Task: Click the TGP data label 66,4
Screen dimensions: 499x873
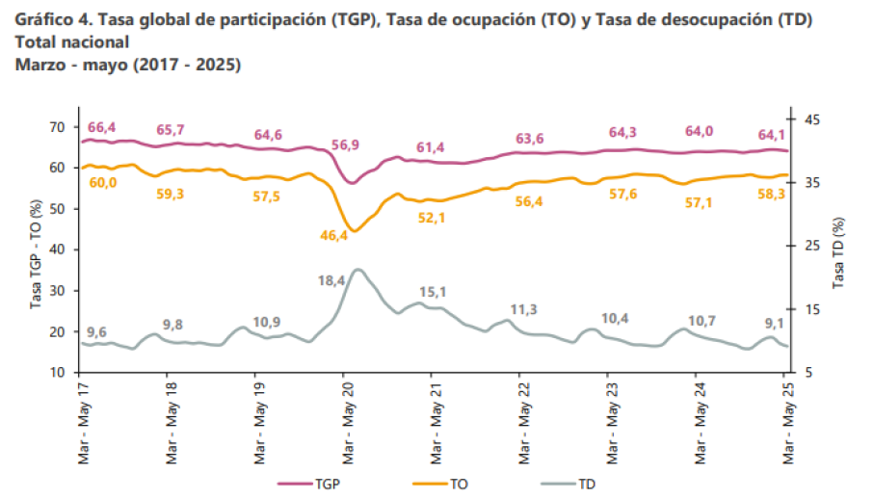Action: tap(101, 128)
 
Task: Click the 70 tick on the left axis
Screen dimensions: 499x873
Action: tap(57, 127)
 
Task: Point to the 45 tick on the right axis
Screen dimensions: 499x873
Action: tap(812, 119)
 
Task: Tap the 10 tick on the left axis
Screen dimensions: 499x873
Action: tap(57, 373)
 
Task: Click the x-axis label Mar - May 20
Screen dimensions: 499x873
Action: tap(345, 425)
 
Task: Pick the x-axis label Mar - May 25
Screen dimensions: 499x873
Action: tap(785, 425)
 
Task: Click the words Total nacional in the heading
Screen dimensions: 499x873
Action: tap(72, 43)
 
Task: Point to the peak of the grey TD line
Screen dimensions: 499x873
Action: tap(357, 270)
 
